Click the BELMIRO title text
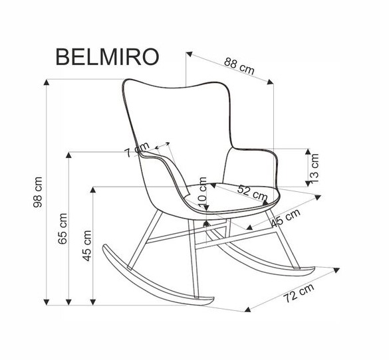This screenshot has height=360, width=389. tap(107, 56)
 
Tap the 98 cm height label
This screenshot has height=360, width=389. tap(38, 192)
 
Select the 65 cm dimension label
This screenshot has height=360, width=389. tap(63, 228)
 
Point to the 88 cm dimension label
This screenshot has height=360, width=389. tap(239, 66)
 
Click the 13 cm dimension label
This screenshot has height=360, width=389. tap(314, 168)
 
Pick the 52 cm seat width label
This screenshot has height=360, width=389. tap(252, 193)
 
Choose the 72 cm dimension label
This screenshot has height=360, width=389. tap(299, 293)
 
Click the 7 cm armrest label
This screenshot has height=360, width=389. tap(136, 150)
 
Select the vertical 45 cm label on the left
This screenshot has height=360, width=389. tap(87, 246)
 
